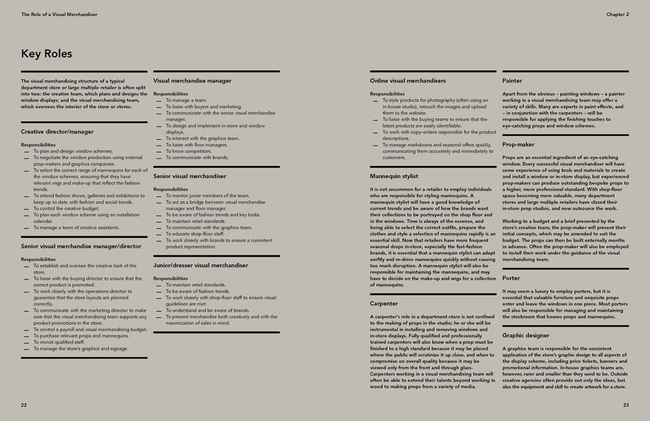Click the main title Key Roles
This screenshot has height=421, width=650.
pyautogui.click(x=46, y=53)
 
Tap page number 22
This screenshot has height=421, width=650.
pyautogui.click(x=24, y=405)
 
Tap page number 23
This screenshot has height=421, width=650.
pyautogui.click(x=625, y=405)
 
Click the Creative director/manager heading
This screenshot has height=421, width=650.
pyautogui.click(x=57, y=132)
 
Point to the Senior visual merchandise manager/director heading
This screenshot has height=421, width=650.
pyautogui.click(x=80, y=246)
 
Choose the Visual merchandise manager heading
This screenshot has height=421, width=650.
pyautogui.click(x=192, y=81)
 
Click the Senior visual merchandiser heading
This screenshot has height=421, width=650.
pyautogui.click(x=190, y=176)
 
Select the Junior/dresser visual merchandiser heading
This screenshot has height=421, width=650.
pyautogui.click(x=201, y=265)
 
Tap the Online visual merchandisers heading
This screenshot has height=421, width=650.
pyautogui.click(x=408, y=81)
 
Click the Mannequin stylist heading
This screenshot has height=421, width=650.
pyautogui.click(x=394, y=176)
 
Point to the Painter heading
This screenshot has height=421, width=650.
pyautogui.click(x=512, y=81)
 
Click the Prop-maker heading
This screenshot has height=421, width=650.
pyautogui.click(x=519, y=144)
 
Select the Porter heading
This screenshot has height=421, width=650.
pyautogui.click(x=512, y=278)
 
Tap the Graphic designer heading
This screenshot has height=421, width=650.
pyautogui.click(x=526, y=335)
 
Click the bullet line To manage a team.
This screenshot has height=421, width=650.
pyautogui.click(x=186, y=101)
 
